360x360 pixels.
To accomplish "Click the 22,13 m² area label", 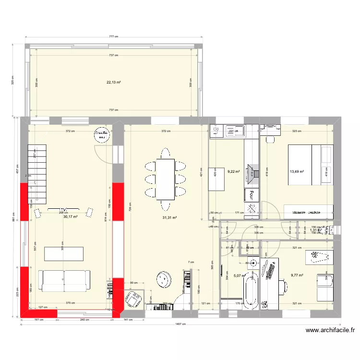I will [113, 82].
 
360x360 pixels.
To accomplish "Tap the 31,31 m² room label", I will [170, 217].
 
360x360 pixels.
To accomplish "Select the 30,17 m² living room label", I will [71, 216].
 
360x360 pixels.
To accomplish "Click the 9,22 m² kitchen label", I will [234, 170].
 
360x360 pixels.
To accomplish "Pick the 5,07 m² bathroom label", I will [239, 276].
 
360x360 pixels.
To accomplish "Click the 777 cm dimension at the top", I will [113, 36].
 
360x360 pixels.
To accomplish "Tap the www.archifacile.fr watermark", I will [330, 330].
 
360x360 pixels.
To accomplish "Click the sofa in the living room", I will [64, 280].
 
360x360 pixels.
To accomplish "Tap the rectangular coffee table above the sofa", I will [64, 253].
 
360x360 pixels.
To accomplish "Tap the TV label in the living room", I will [63, 210].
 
